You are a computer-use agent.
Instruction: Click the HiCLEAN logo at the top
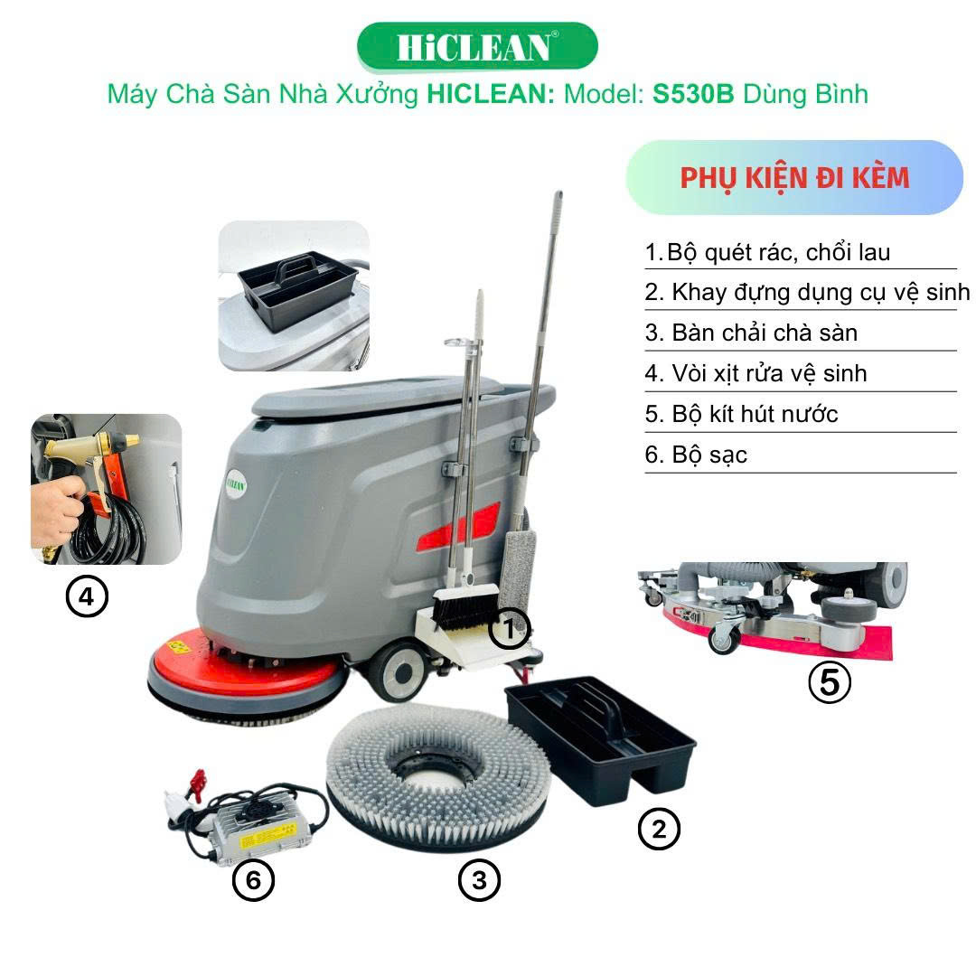point(477,47)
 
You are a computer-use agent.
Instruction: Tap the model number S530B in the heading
point(693,94)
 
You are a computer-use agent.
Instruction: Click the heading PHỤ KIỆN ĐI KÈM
point(794,178)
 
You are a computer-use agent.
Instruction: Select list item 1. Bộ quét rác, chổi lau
point(767,252)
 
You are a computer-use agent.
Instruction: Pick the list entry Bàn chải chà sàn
point(765,333)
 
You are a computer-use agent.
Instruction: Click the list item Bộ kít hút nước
point(755,414)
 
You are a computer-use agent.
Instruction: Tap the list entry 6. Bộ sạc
point(696,455)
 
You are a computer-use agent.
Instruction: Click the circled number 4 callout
point(87,597)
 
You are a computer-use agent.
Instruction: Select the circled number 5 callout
point(829,682)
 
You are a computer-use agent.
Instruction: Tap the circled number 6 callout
point(253,880)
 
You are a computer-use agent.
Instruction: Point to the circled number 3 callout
point(479,880)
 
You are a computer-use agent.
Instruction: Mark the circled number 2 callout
point(659,829)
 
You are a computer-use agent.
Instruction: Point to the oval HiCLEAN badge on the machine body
point(236,483)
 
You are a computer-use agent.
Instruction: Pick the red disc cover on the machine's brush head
point(245,662)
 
